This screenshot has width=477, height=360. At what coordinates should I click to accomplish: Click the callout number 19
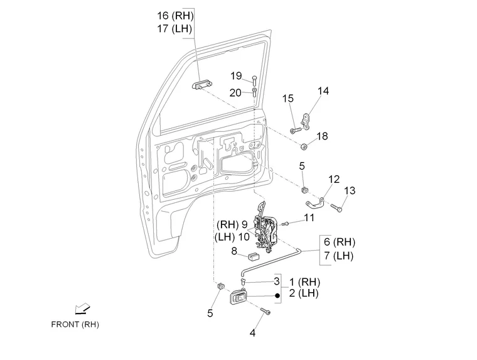235,76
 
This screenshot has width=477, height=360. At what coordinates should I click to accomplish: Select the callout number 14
323,91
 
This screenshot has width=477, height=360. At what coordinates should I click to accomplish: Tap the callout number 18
322,136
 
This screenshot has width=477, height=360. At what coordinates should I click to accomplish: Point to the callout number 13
349,190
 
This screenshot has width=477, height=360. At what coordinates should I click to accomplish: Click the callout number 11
309,217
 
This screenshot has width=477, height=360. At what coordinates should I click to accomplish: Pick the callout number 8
234,251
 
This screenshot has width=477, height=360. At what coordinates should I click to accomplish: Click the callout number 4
252,333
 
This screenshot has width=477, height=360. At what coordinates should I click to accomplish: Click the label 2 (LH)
306,294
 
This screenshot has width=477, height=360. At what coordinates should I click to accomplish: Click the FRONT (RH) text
75,325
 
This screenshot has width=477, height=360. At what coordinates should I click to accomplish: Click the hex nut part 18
304,148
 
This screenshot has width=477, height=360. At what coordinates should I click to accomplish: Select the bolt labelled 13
336,206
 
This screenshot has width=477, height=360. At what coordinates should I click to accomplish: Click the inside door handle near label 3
239,298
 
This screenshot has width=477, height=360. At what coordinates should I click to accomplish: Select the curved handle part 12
316,202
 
